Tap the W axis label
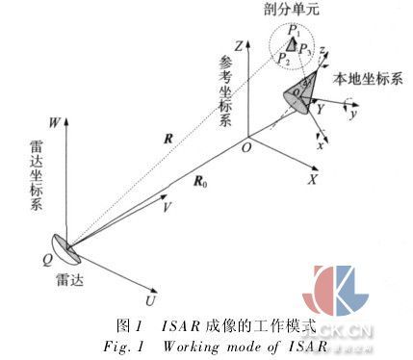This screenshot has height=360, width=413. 56,122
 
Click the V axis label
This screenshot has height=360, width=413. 167,206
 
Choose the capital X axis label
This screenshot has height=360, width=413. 313,179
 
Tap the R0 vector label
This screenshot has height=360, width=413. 200,179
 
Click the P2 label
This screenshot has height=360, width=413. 282,59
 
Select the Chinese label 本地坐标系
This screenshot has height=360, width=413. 367,77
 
